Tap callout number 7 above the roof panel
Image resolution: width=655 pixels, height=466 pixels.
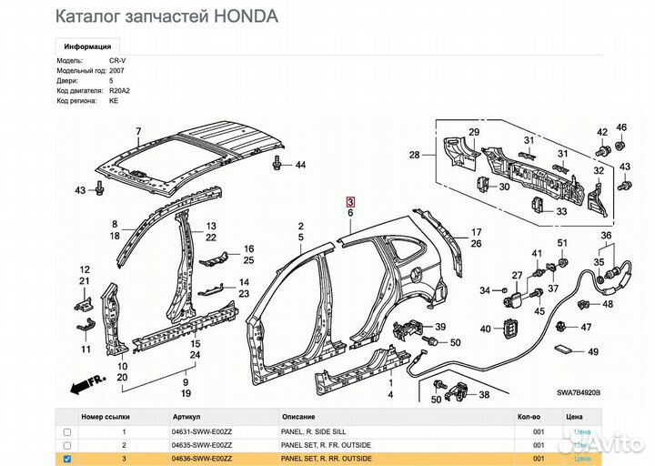pyautogui.click(x=138, y=132)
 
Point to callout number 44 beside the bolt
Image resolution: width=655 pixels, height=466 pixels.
pyautogui.click(x=300, y=165)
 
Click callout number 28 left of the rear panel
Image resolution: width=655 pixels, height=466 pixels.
pyautogui.click(x=414, y=156)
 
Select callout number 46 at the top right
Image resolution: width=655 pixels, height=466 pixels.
pyautogui.click(x=622, y=127)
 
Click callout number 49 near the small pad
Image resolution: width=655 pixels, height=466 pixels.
pyautogui.click(x=593, y=351)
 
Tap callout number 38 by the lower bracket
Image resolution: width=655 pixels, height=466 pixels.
pyautogui.click(x=483, y=395)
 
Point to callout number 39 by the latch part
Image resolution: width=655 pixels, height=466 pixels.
pyautogui.click(x=440, y=328)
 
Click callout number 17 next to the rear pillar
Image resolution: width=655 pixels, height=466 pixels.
pyautogui.click(x=476, y=232)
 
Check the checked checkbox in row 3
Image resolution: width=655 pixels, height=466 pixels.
pyautogui.click(x=66, y=460)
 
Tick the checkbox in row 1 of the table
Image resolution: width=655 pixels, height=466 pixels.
pyautogui.click(x=66, y=431)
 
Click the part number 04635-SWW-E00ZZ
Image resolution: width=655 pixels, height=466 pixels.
pyautogui.click(x=202, y=446)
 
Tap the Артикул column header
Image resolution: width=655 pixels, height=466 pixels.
pyautogui.click(x=186, y=416)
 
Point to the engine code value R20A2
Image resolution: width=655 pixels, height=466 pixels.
pyautogui.click(x=119, y=91)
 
